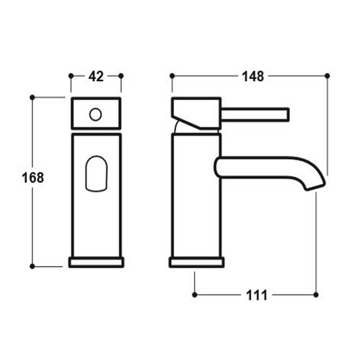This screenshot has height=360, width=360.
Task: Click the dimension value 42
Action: pos(95,76)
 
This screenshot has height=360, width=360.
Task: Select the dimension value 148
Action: pos(253,76)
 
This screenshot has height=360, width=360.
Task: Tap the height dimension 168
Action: pos(33,178)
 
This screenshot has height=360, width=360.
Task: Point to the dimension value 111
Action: pos(257,295)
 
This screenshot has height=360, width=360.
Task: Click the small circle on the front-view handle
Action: pos(95,114)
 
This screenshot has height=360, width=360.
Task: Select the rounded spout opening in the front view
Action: pos(96,174)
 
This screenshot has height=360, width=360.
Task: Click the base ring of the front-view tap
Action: pos(95,262)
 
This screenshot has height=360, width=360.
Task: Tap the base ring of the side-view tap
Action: pos(196,262)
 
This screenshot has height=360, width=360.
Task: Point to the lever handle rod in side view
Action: pos(254,114)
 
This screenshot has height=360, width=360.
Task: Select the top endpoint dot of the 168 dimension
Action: pos(32,97)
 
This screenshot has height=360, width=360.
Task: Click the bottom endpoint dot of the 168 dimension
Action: pos(32,266)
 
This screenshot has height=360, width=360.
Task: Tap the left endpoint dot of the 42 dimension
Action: pos(70,76)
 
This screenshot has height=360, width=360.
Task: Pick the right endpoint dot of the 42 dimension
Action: pos(121,76)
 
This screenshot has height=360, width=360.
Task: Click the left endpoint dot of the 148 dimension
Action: pos(172,76)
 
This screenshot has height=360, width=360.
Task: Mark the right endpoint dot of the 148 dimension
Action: pos(327,76)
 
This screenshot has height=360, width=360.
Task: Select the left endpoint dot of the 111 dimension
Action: pos(194,295)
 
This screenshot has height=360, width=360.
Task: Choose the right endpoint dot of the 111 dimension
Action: pos(316,295)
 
